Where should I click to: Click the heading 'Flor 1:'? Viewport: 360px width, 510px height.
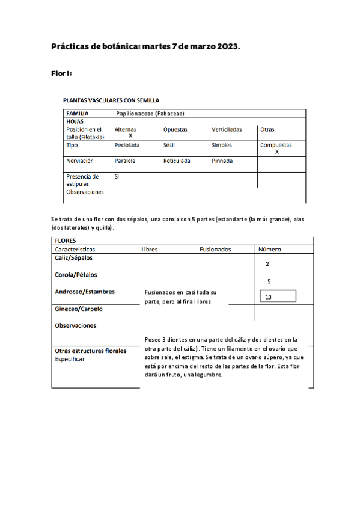(x=62, y=73)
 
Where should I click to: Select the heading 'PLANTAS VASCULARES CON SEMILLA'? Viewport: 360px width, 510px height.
(x=111, y=100)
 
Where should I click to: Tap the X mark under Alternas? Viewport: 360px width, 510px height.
(x=130, y=136)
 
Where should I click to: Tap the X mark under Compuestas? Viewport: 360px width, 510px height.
(x=276, y=152)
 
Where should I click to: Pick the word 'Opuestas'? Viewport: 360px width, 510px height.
(x=175, y=129)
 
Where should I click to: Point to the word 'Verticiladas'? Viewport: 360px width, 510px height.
(x=227, y=129)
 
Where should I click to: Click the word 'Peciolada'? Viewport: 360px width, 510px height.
(x=127, y=145)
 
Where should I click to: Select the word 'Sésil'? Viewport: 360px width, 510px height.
(x=169, y=145)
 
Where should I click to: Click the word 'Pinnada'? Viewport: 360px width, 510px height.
(x=222, y=161)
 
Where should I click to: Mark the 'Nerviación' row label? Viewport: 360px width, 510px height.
(x=79, y=161)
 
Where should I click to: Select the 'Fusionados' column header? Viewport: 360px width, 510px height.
(x=215, y=249)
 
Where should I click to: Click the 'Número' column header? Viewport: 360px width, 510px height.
(x=269, y=249)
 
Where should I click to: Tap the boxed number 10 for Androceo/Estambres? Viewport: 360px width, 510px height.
(x=268, y=296)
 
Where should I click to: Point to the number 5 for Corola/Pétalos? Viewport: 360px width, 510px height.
(x=269, y=281)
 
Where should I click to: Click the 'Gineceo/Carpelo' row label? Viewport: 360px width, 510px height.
(x=79, y=309)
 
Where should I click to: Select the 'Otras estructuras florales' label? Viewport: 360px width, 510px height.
(x=91, y=351)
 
